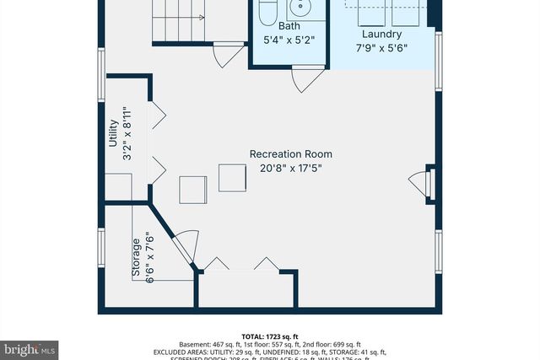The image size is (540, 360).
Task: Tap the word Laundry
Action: pyautogui.click(x=381, y=35)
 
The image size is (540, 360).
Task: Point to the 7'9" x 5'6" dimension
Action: pyautogui.click(x=381, y=48)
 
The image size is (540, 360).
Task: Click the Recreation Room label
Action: pyautogui.click(x=290, y=154)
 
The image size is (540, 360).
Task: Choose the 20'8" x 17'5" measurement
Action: pyautogui.click(x=290, y=168)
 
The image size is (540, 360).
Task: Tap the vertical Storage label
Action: pyautogui.click(x=135, y=259)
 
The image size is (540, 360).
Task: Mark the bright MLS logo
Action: pyautogui.click(x=30, y=347)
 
